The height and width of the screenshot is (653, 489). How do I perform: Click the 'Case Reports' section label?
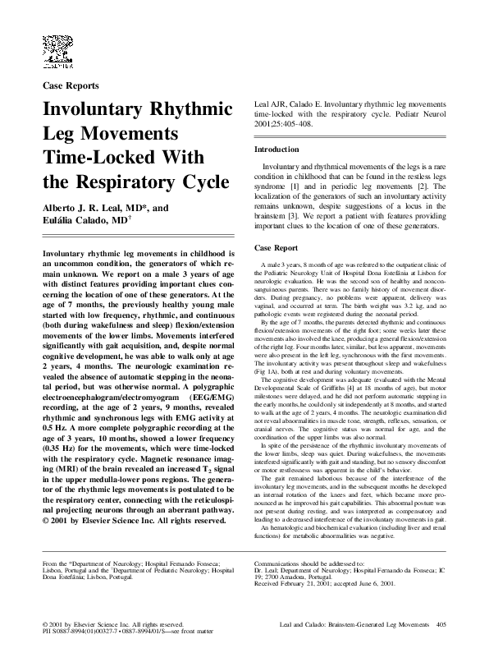(x=71, y=85)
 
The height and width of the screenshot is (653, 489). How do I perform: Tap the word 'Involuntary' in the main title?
(x=88, y=111)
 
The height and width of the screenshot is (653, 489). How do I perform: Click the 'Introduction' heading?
(x=276, y=149)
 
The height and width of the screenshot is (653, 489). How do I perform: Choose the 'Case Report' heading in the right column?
(x=276, y=247)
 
